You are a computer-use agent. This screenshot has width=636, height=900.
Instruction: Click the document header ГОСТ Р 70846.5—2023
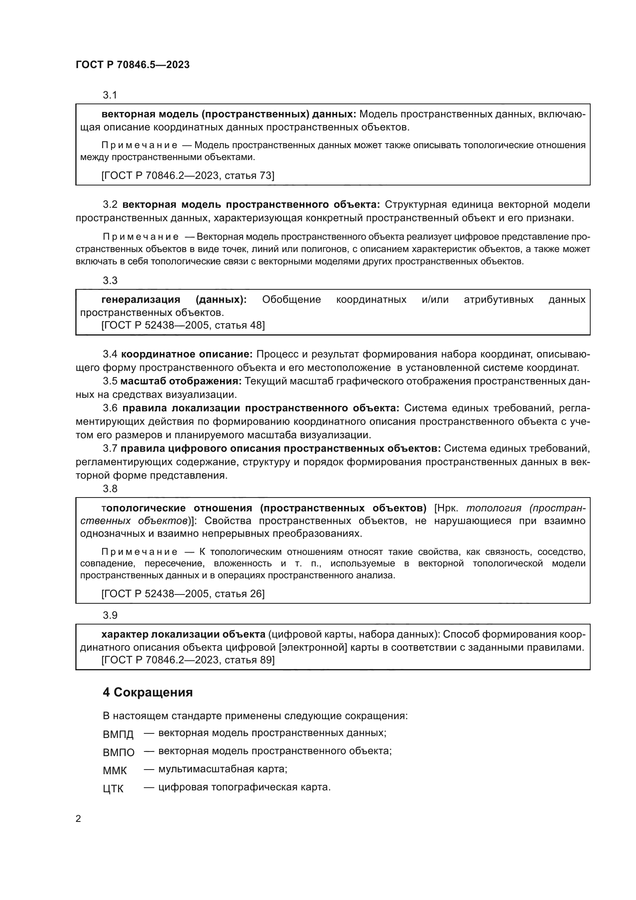click(x=132, y=65)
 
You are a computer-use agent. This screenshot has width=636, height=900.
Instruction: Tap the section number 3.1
click(x=110, y=95)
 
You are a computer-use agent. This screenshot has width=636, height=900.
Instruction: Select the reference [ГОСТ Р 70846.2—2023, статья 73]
click(x=188, y=175)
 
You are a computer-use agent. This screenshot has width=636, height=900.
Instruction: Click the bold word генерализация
click(x=141, y=299)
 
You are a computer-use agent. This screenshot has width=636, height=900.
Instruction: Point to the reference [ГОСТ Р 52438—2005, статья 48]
click(x=183, y=325)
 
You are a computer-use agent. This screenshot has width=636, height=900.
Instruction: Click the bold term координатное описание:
click(x=187, y=354)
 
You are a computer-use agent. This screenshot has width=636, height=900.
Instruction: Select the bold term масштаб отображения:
click(x=181, y=381)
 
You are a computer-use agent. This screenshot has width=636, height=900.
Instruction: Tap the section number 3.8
click(x=110, y=488)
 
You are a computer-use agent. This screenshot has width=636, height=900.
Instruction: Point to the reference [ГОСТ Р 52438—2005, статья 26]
click(x=183, y=593)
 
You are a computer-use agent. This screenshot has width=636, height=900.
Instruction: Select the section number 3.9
click(x=110, y=615)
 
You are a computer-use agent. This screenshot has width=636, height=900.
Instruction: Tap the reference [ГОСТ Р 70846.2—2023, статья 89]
click(x=188, y=660)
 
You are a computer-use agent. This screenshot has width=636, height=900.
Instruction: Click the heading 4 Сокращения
click(x=148, y=692)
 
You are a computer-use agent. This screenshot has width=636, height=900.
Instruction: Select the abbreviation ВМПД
click(x=118, y=734)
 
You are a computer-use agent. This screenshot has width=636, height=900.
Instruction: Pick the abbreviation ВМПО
click(x=118, y=752)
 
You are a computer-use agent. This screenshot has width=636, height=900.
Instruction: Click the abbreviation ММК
click(x=115, y=770)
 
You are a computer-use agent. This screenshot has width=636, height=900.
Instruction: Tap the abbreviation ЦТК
click(x=113, y=789)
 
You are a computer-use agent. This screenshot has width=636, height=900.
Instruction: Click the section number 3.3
click(x=110, y=280)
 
